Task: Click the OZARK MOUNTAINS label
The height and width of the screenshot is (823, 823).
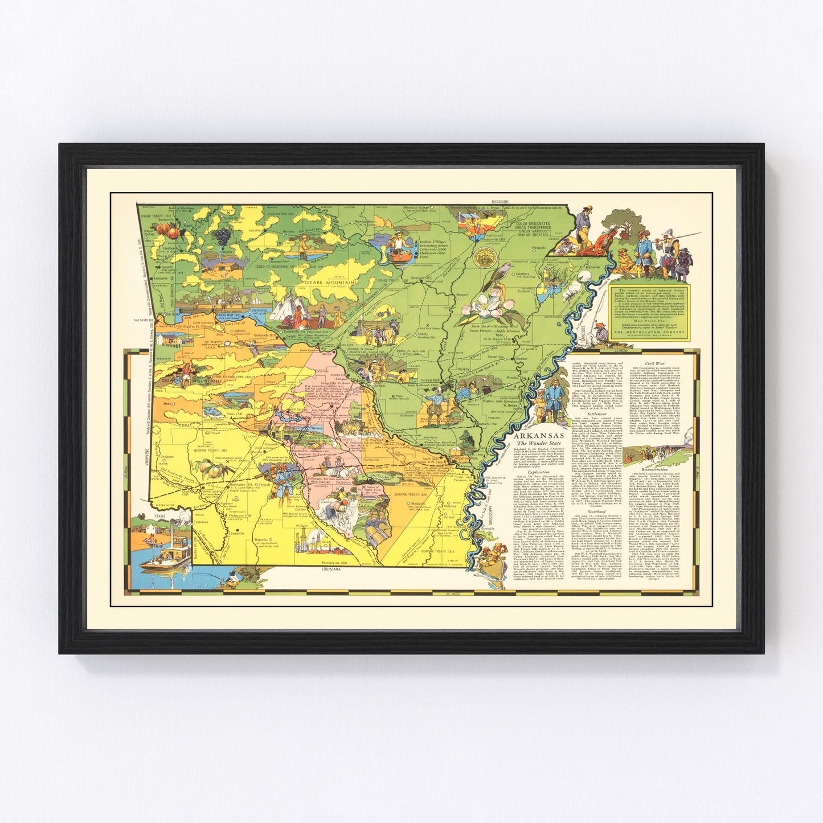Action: [x=330, y=282]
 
